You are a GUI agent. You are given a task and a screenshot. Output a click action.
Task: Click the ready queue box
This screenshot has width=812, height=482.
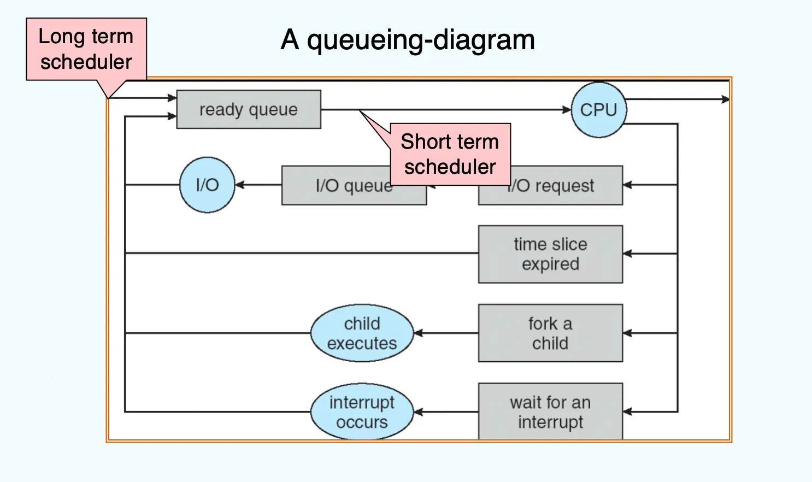[249, 109]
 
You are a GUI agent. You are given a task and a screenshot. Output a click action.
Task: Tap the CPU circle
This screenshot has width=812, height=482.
[599, 110]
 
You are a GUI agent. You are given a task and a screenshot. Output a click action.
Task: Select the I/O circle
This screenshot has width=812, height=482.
[207, 185]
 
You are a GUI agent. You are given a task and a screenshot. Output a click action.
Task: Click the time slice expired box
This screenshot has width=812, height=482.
[551, 254]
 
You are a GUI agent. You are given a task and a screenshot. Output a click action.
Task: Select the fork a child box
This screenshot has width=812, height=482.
[551, 333]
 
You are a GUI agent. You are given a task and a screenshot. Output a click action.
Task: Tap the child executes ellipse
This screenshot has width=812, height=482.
[362, 333]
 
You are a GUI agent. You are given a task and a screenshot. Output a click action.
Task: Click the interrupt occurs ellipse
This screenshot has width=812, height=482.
[362, 412]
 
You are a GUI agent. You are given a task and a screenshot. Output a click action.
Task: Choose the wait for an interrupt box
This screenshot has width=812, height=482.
[551, 412]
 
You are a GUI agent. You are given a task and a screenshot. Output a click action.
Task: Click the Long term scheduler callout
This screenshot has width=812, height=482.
[86, 49]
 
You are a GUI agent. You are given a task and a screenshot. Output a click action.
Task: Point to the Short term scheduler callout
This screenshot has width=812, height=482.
[450, 154]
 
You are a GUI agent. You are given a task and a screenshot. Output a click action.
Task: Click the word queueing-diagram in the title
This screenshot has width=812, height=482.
[421, 40]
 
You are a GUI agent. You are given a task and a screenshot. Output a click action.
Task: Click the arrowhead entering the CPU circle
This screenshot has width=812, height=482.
[567, 109]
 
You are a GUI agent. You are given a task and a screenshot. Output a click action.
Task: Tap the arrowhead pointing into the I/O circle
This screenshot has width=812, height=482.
[240, 185]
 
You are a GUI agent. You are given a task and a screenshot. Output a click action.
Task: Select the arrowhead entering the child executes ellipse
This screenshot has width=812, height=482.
[419, 333]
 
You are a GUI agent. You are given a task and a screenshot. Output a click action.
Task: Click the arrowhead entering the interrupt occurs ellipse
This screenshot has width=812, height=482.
[419, 412]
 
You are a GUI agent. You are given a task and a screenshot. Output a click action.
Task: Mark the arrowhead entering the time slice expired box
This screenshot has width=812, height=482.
[628, 254]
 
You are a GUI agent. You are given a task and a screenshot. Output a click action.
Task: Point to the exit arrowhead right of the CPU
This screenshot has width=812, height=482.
[725, 99]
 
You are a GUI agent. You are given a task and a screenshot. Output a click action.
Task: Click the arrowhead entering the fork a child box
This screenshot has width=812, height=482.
[628, 333]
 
